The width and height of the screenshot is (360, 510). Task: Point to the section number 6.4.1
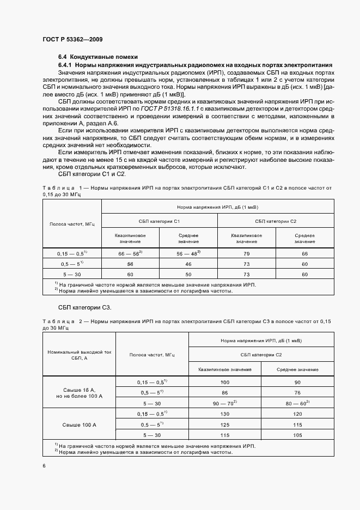point(65,65)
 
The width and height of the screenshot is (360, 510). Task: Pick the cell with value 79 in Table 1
point(247,254)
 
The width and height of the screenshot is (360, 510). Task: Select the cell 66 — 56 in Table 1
point(130,254)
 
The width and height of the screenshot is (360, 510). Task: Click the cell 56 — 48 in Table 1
point(188,254)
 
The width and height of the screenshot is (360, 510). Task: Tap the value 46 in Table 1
point(188,264)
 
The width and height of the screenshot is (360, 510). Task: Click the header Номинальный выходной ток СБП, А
point(79,355)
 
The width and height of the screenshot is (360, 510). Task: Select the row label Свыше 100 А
point(79,424)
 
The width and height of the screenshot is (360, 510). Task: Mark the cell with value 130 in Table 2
point(225,414)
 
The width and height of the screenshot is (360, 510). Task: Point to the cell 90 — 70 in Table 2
point(225,403)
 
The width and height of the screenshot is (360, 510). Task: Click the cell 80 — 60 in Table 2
point(297,403)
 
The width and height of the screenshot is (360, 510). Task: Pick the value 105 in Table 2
point(297,435)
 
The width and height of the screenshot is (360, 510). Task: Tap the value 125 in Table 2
point(225,424)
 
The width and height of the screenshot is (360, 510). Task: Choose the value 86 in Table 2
point(225,392)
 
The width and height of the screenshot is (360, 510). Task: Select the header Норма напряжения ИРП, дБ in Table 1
point(217,208)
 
